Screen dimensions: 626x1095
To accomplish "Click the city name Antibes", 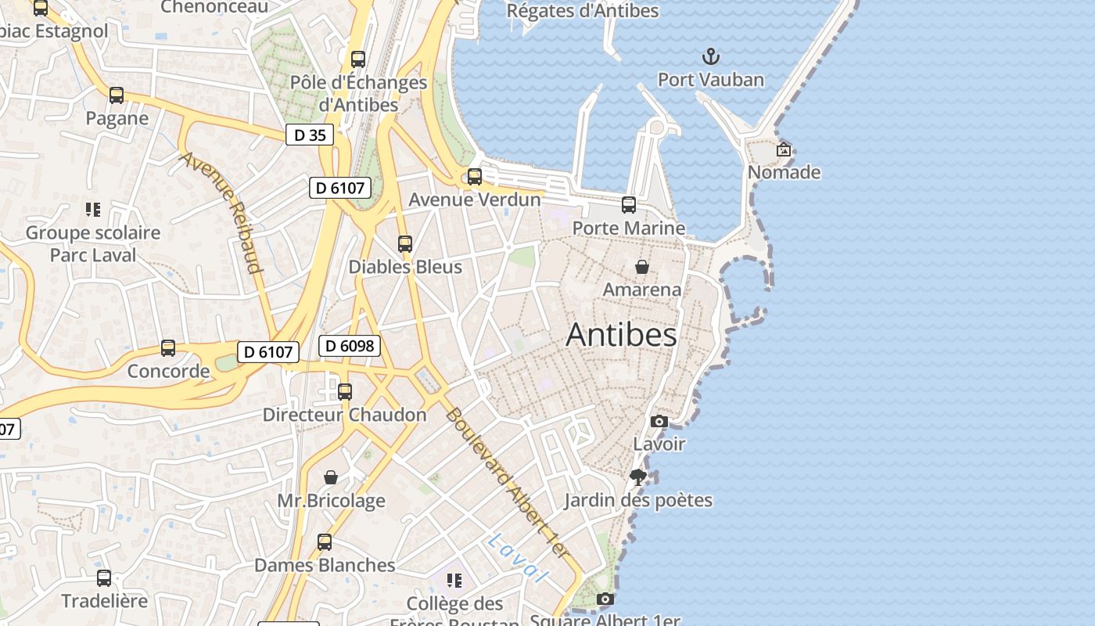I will click(621, 335).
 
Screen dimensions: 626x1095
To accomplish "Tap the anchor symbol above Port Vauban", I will click(710, 56).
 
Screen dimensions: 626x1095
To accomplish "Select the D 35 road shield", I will click(310, 135).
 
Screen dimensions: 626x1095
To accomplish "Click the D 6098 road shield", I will click(349, 346).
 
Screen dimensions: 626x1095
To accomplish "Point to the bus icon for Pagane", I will click(117, 95).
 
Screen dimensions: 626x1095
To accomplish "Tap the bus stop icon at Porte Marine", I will click(629, 205).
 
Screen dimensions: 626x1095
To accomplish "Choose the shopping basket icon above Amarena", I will click(641, 267).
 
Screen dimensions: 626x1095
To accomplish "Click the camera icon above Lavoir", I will click(659, 422).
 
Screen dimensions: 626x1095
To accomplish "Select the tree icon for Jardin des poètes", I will click(638, 477).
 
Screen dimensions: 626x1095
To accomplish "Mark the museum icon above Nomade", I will click(784, 149).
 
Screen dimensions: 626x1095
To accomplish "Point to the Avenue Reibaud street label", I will click(221, 211).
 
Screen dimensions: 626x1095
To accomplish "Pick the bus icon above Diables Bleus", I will click(404, 244).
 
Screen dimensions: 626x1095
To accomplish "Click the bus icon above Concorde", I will click(168, 348).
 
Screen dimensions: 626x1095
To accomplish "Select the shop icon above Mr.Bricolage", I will click(331, 477).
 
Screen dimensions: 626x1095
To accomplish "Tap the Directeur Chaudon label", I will click(344, 415).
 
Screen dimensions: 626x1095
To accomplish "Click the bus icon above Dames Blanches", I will click(324, 541).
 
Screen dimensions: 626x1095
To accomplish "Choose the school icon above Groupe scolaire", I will click(93, 210).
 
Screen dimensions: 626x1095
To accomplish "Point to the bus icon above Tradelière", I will click(104, 578).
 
